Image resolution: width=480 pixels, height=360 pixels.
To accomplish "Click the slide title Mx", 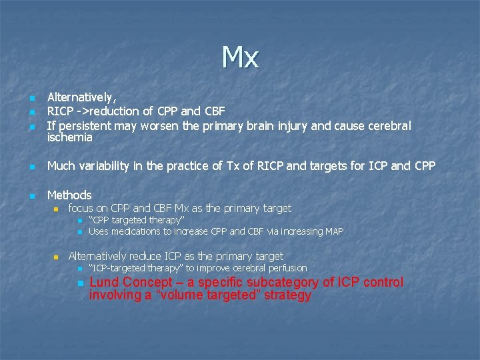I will point(240,58).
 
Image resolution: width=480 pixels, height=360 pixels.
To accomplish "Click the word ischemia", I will point(70,138).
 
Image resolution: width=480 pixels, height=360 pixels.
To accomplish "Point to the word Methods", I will point(69,195).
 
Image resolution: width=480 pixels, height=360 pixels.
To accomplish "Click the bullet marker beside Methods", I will point(31,195).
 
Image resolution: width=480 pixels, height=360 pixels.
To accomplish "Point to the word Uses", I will point(99,231).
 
